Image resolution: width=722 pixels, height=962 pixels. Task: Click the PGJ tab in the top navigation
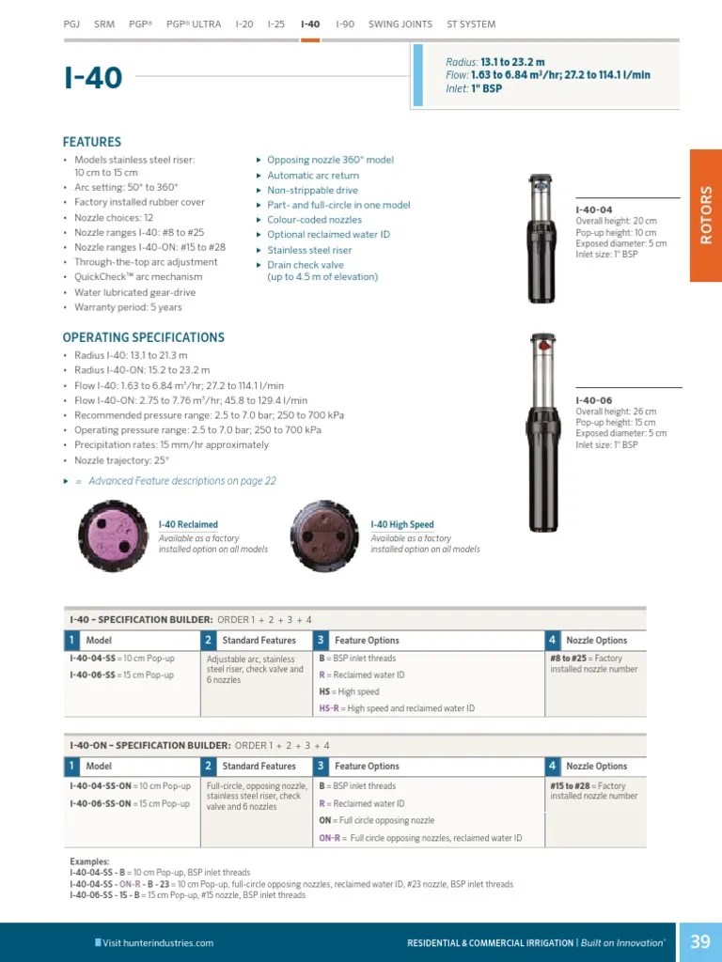tap(71, 24)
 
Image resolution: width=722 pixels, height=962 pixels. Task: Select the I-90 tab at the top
tap(345, 24)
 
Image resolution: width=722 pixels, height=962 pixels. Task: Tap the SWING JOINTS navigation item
tap(400, 24)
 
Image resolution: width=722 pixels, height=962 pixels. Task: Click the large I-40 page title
tap(93, 77)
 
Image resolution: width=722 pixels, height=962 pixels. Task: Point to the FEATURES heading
tap(91, 142)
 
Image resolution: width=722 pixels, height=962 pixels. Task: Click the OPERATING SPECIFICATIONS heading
tap(143, 337)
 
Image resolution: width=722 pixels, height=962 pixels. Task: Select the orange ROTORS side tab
tap(706, 215)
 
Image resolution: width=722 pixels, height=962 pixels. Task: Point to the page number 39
tap(700, 941)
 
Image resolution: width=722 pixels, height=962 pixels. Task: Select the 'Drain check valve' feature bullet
tap(306, 265)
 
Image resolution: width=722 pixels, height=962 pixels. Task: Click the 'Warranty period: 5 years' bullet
tap(128, 307)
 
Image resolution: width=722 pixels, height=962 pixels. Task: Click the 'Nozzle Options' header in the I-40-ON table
tap(596, 767)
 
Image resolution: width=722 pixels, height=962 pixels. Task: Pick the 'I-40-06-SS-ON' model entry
tap(101, 804)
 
